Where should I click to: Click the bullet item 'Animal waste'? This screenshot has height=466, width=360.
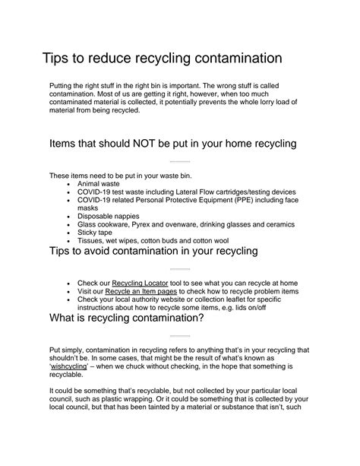coord(100,183)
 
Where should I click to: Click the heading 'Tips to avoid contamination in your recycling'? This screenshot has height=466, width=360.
coord(153,252)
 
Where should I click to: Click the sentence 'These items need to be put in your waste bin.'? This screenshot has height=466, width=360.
coord(124,175)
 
